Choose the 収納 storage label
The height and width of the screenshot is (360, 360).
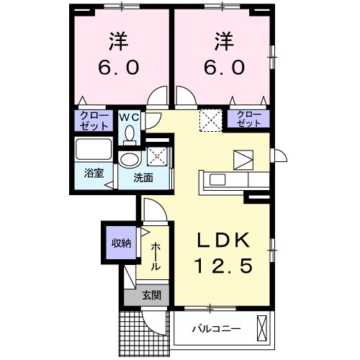[120, 243]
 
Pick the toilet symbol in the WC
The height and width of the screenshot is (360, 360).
[130, 134]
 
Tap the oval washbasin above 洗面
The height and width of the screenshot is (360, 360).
[130, 159]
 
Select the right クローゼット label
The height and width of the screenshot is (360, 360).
[248, 119]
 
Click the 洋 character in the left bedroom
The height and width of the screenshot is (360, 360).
[119, 39]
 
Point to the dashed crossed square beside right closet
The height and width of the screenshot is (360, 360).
[211, 119]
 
